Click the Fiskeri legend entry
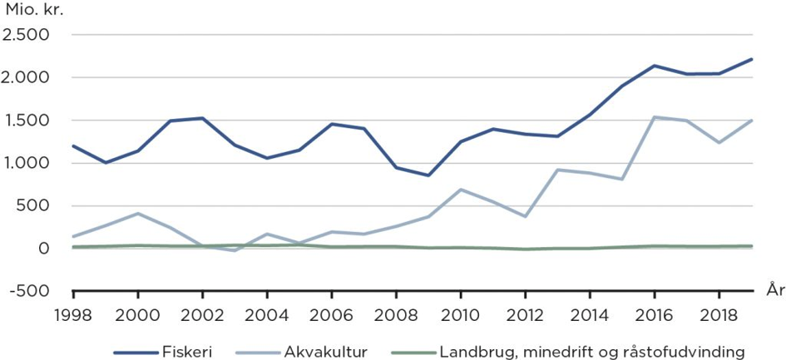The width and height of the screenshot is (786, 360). click(x=163, y=352)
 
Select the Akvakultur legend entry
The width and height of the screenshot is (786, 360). click(x=303, y=352)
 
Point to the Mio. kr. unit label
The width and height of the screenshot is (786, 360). click(x=35, y=10)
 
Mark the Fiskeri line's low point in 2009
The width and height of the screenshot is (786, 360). click(x=428, y=175)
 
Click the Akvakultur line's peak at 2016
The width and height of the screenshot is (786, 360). click(x=655, y=117)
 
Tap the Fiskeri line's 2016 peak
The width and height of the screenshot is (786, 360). click(x=655, y=66)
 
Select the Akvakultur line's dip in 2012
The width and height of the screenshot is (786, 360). click(x=526, y=217)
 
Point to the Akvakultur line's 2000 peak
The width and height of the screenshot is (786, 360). click(x=138, y=214)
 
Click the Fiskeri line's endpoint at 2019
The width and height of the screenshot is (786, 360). click(x=752, y=59)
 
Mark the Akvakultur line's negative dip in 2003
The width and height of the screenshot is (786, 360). click(x=235, y=250)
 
